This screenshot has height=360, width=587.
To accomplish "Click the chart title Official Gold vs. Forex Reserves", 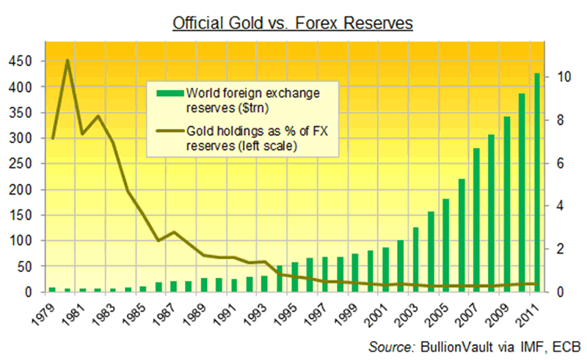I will [293, 23].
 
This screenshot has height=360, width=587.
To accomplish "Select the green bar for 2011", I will [536, 183].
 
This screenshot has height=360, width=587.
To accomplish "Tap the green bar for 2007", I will [476, 220].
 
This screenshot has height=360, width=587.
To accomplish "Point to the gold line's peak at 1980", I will [68, 61].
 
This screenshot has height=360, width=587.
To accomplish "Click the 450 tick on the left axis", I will [21, 62].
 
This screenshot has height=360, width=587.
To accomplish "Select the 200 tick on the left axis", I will [21, 190].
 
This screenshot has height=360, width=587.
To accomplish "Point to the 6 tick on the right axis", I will [561, 163].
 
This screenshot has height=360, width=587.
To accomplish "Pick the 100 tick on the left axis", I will [21, 241].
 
